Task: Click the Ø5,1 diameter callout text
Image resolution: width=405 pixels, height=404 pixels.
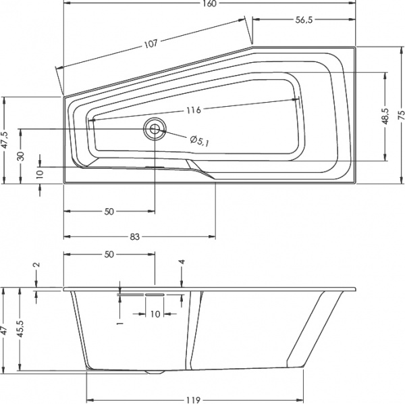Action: (x=200, y=141)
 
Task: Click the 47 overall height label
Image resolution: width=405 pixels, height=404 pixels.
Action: (x=5, y=331)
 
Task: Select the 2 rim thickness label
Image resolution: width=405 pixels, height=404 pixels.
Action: (x=36, y=266)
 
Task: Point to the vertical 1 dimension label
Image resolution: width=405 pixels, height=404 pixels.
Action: (x=119, y=323)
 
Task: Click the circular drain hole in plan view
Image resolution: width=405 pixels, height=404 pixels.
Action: (x=156, y=128)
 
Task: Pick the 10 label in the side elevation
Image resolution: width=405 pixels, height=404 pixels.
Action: (x=155, y=314)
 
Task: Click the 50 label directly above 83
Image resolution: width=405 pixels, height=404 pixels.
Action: (x=109, y=211)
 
